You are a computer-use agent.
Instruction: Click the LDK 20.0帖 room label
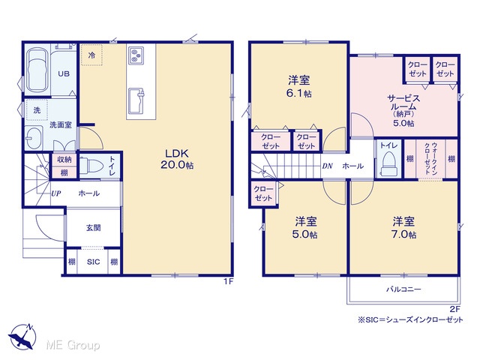pyautogui.click(x=177, y=159)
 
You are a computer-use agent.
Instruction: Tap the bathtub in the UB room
pyautogui.click(x=37, y=70)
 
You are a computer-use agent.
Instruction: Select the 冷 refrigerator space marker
pyautogui.click(x=91, y=55)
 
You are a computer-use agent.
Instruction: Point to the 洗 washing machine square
pyautogui.click(x=37, y=110)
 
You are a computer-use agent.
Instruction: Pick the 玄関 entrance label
pyautogui.click(x=93, y=228)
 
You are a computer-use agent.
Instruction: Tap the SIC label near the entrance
pyautogui.click(x=93, y=262)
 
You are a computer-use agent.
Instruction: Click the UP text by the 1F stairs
pyautogui.click(x=55, y=193)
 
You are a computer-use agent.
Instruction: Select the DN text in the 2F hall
pyautogui.click(x=327, y=166)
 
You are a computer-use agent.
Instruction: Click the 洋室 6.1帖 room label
pyautogui.click(x=299, y=87)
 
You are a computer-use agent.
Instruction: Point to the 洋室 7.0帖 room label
pyautogui.click(x=403, y=228)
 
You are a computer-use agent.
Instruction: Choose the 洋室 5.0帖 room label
pyautogui.click(x=305, y=228)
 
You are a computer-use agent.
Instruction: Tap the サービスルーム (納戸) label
pyautogui.click(x=403, y=110)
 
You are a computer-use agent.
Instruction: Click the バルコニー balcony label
pyautogui.click(x=403, y=289)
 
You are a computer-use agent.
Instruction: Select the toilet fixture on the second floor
pyautogui.click(x=388, y=166)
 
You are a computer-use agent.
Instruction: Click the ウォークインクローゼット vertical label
pyautogui.click(x=430, y=158)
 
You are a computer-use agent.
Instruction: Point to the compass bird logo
pyautogui.click(x=22, y=337)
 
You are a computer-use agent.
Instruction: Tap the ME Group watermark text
pyautogui.click(x=73, y=345)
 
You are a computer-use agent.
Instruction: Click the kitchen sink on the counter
pyautogui.click(x=136, y=101)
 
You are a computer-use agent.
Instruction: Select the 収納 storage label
pyautogui.click(x=64, y=160)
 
